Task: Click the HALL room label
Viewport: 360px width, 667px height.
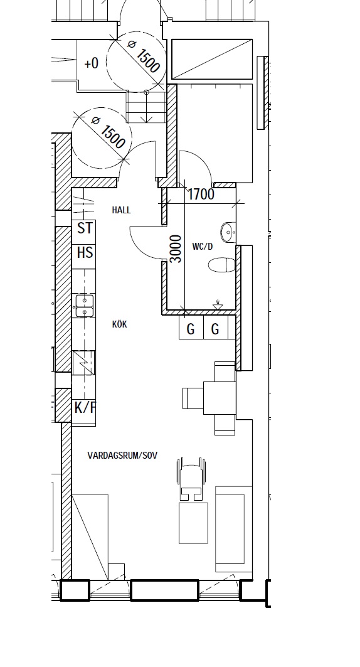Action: point(121,210)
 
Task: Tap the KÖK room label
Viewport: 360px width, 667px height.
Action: point(119,324)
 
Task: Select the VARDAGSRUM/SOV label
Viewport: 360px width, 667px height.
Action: point(122,455)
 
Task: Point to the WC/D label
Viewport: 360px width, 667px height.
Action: point(203,247)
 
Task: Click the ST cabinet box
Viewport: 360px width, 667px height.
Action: point(84,232)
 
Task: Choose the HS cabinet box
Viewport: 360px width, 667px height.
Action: point(84,257)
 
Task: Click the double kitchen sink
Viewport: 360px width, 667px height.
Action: point(85,306)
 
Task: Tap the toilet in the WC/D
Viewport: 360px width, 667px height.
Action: point(221,265)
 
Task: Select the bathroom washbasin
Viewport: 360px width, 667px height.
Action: point(228,232)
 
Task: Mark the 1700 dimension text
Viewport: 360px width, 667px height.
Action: point(201,195)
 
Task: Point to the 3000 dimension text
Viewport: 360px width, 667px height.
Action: point(176,249)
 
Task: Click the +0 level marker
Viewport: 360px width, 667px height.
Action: point(91,63)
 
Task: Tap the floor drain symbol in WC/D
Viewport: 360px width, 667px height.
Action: point(218,305)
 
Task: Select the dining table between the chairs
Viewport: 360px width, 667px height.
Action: point(220,398)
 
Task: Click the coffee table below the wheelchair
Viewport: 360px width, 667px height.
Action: point(193,523)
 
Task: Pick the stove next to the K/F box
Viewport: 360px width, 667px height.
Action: point(84,363)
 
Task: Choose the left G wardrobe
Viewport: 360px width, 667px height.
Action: point(191,327)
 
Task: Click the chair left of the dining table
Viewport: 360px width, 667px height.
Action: point(193,398)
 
